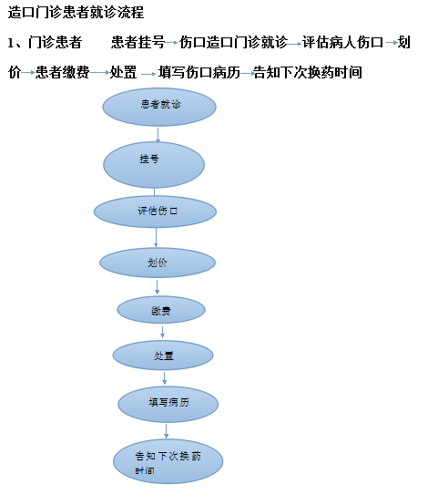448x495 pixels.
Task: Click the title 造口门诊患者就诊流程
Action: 76,13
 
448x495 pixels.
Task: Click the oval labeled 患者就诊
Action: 159,107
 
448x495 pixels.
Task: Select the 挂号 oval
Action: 154,165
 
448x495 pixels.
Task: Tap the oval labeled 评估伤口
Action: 155,211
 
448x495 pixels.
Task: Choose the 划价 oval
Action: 158,263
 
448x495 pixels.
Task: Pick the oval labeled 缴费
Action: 161,310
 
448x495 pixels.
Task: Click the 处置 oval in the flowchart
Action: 163,356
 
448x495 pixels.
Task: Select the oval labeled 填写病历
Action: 168,404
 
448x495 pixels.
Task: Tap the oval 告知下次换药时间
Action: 168,461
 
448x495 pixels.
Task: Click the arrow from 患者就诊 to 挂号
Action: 158,135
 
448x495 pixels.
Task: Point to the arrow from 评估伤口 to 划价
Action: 156,237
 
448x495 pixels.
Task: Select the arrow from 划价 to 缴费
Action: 157,287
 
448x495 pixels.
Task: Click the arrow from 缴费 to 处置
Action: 162,332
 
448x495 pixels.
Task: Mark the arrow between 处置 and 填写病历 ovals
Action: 164,378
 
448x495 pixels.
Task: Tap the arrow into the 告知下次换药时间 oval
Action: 166,431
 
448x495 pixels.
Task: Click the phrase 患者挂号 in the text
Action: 137,42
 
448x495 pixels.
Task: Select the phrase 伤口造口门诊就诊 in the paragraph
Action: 233,42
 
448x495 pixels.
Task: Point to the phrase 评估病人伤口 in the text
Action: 342,42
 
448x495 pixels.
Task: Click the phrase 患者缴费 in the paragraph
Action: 63,72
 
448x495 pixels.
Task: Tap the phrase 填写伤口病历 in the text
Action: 199,72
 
